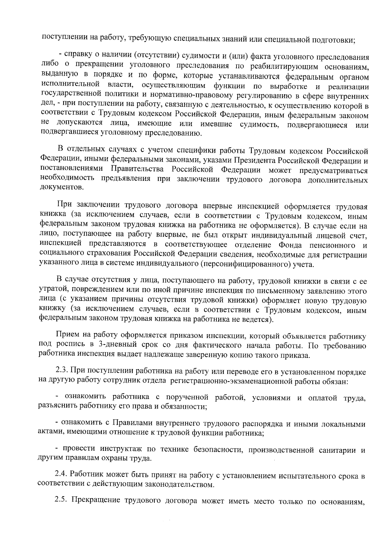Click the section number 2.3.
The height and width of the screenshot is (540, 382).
point(62,371)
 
